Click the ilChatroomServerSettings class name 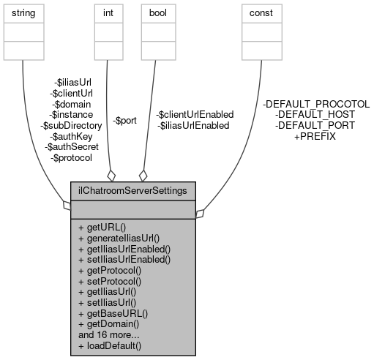tap(132, 190)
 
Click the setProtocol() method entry tap(110, 280)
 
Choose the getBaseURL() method tap(113, 311)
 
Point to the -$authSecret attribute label tap(69, 147)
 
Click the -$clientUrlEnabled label tap(195, 115)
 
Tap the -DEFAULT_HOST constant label tap(315, 115)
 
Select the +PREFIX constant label tap(315, 136)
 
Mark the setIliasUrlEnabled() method tap(124, 260)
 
